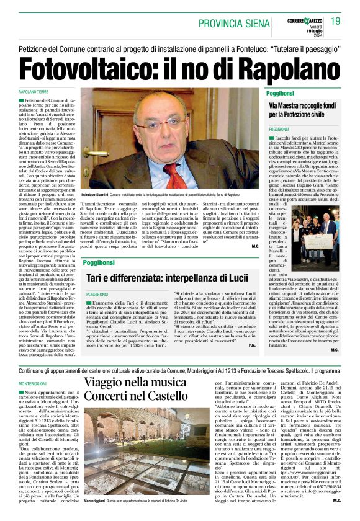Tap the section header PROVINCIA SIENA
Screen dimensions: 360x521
coord(233,23)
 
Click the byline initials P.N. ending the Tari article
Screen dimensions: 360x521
coord(252,345)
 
